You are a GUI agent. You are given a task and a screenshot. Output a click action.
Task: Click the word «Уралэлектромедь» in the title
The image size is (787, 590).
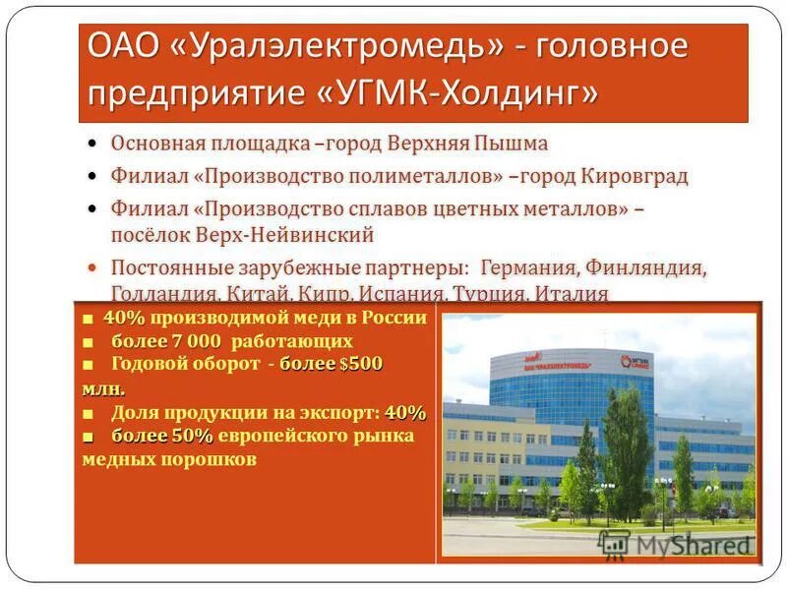[332, 47]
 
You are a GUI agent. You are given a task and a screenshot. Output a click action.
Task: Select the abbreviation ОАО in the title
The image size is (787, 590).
[122, 47]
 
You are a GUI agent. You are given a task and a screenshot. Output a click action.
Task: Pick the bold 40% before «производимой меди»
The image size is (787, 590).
[124, 318]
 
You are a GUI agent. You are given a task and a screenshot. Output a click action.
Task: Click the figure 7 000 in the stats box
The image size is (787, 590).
[197, 341]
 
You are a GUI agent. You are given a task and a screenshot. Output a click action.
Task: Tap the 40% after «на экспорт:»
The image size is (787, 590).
[405, 411]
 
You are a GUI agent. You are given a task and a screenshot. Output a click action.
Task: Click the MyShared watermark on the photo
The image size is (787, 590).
[679, 545]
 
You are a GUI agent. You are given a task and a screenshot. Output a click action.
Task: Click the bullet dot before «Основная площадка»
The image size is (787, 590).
[91, 144]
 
